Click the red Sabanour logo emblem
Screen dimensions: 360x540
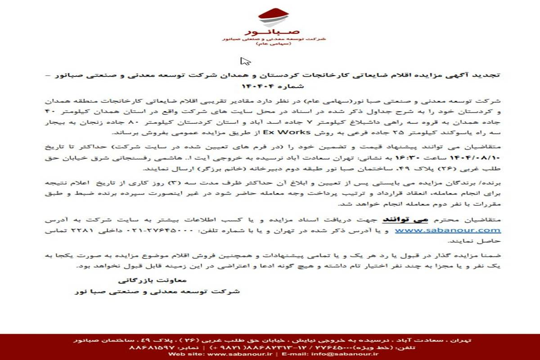pos(273,17)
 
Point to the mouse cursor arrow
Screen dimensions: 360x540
pos(245,61)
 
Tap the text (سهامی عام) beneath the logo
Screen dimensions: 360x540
pos(273,45)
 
